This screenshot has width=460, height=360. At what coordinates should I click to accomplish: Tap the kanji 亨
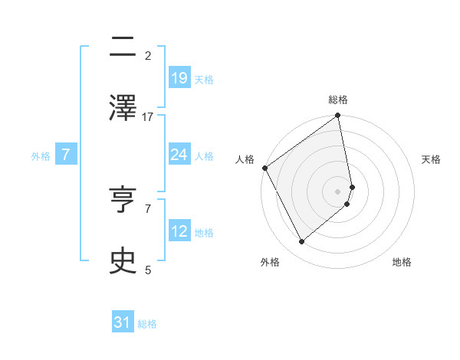click(123, 200)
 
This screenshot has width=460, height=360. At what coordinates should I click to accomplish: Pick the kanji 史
click(123, 260)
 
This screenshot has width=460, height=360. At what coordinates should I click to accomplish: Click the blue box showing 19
click(179, 77)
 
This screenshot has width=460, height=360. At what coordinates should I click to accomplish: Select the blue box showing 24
click(179, 155)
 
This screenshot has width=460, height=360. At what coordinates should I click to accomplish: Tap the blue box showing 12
click(179, 231)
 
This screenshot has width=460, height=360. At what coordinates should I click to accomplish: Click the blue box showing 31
click(123, 322)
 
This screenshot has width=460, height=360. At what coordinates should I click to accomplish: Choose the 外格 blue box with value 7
click(66, 155)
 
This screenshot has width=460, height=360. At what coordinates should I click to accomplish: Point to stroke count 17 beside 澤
click(148, 116)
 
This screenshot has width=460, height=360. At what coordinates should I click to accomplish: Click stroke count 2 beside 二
click(148, 55)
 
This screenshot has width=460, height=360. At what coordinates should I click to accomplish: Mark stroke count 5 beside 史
click(148, 270)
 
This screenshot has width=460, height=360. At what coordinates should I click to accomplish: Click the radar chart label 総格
click(338, 100)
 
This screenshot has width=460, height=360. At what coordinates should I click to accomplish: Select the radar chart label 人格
click(245, 159)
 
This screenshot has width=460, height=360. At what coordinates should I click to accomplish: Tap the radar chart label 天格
click(431, 159)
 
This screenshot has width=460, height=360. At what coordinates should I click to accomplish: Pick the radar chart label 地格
click(402, 262)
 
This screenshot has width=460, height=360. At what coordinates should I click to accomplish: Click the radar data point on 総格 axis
click(338, 116)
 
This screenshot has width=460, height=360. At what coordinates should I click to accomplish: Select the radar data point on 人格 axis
click(264, 168)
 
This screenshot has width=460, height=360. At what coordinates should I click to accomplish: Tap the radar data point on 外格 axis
click(302, 241)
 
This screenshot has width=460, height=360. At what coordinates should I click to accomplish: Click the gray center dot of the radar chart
click(338, 191)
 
